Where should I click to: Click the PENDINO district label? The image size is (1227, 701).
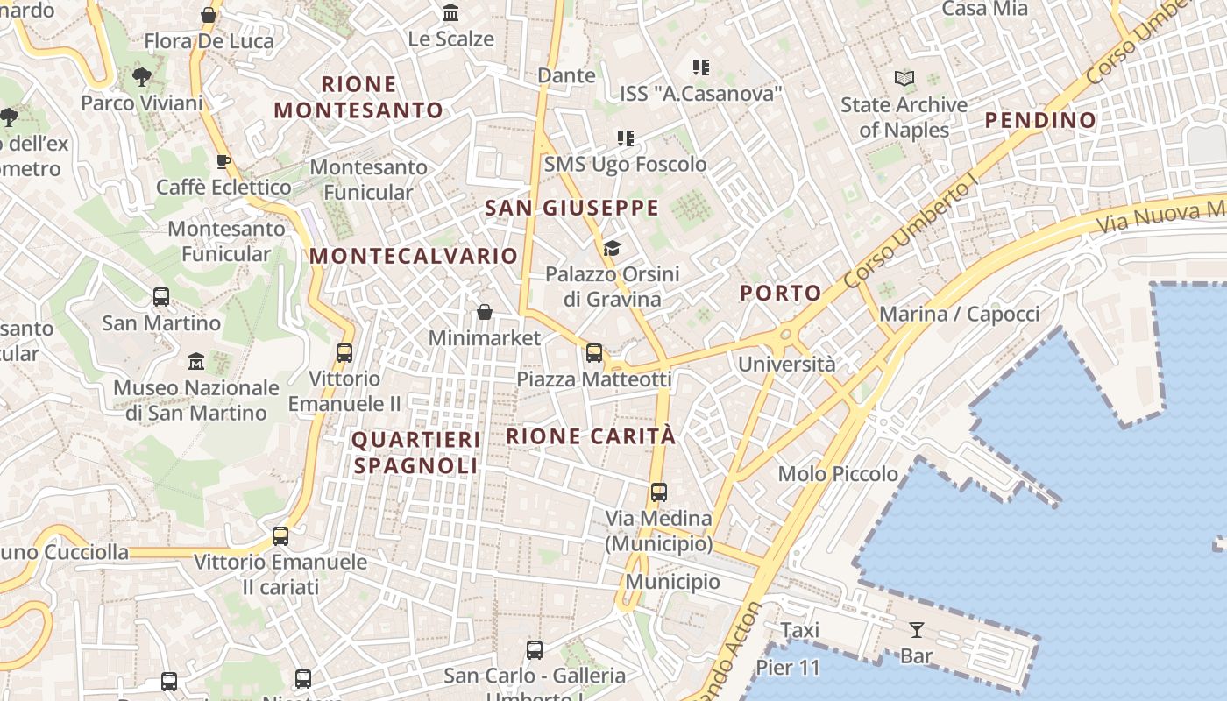pyautogui.click(x=1040, y=120)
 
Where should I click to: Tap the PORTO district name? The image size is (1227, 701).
pyautogui.click(x=781, y=293)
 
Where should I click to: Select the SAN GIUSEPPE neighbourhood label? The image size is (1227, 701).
pyautogui.click(x=571, y=208)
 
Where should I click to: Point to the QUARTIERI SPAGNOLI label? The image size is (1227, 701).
pyautogui.click(x=416, y=452)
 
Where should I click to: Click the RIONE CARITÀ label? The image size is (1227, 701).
pyautogui.click(x=592, y=435)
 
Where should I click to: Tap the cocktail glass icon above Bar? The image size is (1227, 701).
pyautogui.click(x=916, y=629)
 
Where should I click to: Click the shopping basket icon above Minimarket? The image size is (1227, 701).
pyautogui.click(x=484, y=312)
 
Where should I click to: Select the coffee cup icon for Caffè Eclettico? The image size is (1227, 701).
pyautogui.click(x=223, y=161)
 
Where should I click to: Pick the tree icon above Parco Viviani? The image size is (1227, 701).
pyautogui.click(x=141, y=77)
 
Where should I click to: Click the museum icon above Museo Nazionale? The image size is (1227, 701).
pyautogui.click(x=196, y=361)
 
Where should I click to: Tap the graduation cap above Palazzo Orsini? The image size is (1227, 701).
pyautogui.click(x=612, y=249)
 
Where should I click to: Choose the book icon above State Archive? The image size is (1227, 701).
pyautogui.click(x=904, y=79)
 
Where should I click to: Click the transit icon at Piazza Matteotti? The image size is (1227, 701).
pyautogui.click(x=594, y=353)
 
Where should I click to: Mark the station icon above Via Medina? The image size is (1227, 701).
pyautogui.click(x=659, y=492)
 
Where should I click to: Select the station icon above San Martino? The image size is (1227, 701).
pyautogui.click(x=161, y=297)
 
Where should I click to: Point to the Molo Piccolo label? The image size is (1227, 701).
pyautogui.click(x=838, y=474)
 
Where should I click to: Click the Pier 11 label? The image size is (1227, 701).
pyautogui.click(x=787, y=668)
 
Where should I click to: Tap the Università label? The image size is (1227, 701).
pyautogui.click(x=787, y=364)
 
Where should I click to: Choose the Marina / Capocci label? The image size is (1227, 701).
pyautogui.click(x=959, y=314)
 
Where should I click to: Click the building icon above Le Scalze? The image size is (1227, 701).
pyautogui.click(x=451, y=13)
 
